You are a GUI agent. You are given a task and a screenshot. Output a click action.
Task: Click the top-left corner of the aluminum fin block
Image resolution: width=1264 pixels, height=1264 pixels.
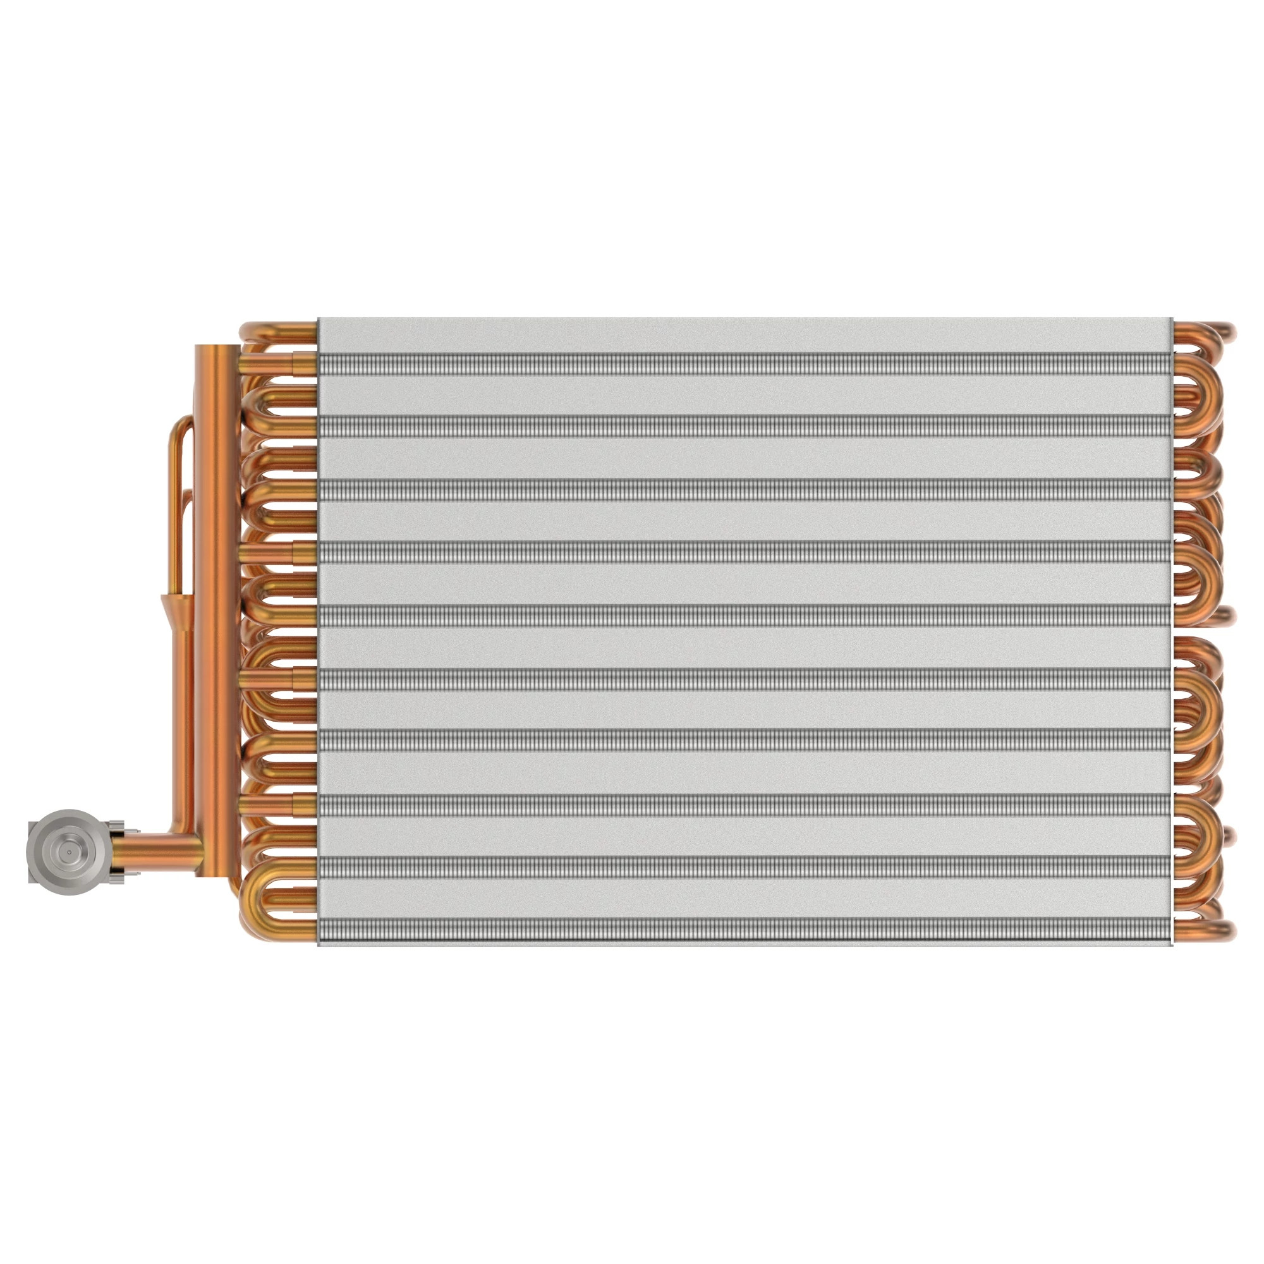(319, 320)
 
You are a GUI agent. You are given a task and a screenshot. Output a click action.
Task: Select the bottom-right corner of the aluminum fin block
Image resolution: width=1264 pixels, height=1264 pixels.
(1171, 944)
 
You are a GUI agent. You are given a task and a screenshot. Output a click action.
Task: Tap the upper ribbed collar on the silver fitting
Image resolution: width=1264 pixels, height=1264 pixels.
(119, 829)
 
